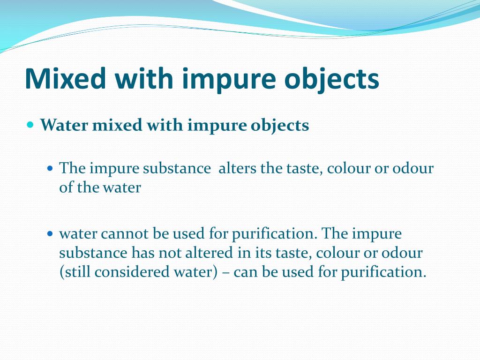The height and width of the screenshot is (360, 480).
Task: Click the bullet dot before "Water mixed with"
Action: coord(31,125)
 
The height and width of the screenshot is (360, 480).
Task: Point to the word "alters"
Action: coord(237,168)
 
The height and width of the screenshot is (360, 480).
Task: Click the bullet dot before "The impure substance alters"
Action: coord(51,168)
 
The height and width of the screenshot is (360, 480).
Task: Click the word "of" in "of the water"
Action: coord(65,187)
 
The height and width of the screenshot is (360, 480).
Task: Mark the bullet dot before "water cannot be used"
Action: coord(51,233)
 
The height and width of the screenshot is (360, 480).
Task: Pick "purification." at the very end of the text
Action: coord(383,273)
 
